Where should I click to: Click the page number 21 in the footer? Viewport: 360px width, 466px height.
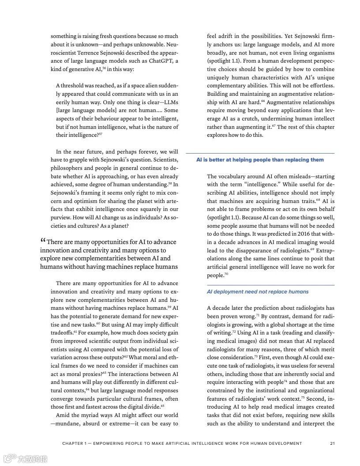coord(332,443)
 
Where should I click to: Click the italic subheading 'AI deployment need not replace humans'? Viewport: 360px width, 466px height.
coord(258,292)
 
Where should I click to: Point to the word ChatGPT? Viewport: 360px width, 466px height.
coord(164,60)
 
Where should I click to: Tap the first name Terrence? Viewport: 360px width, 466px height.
coord(93,53)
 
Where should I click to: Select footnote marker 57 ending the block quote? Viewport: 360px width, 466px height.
coord(101,134)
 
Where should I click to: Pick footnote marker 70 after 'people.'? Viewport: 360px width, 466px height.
coord(226,274)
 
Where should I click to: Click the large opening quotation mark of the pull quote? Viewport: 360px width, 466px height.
coord(43,241)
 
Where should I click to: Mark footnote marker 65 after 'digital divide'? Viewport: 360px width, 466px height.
coord(162,406)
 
